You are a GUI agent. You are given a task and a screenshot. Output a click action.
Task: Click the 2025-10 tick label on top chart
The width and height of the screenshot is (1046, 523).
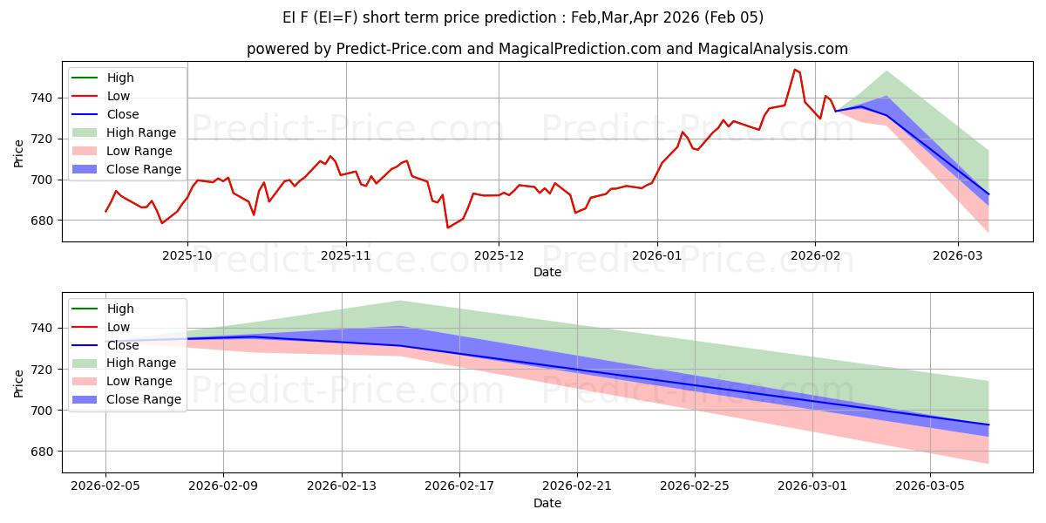[187, 256]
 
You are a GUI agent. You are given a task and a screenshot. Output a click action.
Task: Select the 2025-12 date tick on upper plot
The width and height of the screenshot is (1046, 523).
[499, 256]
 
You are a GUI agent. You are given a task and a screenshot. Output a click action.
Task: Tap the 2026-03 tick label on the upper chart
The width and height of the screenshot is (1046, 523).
[958, 256]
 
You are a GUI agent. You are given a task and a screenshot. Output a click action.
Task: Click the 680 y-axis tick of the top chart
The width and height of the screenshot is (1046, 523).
[43, 221]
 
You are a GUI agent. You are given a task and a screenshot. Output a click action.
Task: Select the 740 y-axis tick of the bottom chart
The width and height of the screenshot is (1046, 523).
[43, 329]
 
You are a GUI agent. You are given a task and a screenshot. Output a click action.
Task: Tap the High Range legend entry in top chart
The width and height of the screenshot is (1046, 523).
[142, 132]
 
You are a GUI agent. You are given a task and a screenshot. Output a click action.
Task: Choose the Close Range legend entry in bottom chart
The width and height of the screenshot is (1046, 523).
[145, 399]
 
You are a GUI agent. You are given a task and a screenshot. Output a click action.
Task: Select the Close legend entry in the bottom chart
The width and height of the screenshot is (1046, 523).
[123, 345]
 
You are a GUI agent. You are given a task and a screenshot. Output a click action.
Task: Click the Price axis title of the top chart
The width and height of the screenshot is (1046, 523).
[19, 154]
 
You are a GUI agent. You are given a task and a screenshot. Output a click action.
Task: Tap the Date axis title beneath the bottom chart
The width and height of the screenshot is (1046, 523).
[547, 503]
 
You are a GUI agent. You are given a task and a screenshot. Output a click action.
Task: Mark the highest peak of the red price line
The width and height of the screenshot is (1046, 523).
[794, 70]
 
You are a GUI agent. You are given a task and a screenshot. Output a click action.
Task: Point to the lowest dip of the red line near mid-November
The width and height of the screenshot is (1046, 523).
[448, 228]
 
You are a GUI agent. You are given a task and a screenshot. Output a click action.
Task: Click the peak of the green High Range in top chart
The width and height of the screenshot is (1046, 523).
[886, 71]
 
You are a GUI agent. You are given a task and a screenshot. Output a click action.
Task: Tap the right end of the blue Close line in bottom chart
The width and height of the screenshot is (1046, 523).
[988, 425]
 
